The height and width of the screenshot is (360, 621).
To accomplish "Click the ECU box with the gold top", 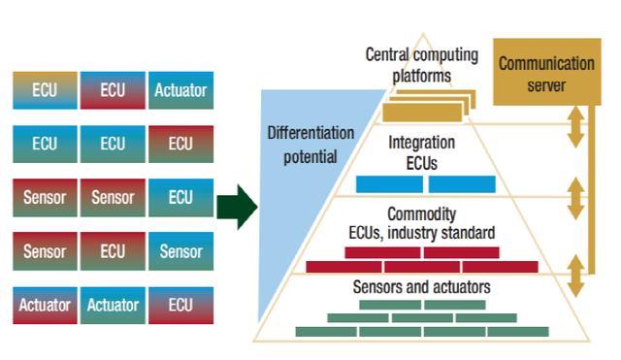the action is click(45, 90).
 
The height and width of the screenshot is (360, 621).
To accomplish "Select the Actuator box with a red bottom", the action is click(45, 305).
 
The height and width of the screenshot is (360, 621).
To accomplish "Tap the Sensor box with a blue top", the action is click(181, 251).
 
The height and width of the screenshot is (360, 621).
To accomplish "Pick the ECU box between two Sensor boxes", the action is click(113, 251).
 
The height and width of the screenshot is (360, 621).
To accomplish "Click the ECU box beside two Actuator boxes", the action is click(181, 305).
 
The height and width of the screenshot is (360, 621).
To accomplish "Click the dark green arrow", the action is click(237, 207).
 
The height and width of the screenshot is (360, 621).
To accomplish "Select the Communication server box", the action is click(547, 72).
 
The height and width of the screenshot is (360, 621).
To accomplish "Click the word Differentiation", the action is click(310, 133).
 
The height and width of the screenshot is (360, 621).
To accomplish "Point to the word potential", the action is click(310, 157).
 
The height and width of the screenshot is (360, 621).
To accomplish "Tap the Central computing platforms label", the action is click(422, 65).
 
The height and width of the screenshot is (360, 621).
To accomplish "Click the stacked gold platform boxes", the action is click(429, 106).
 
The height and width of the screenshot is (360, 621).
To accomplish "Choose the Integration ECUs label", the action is click(422, 153).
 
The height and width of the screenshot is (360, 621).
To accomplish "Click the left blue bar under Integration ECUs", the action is click(389, 184).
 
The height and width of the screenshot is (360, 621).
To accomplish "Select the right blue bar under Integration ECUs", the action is click(462, 184).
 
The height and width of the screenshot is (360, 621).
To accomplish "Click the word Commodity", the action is click(422, 214).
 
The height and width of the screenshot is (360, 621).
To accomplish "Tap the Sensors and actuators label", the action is click(422, 287).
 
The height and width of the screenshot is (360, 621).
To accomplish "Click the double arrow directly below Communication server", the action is click(575, 127).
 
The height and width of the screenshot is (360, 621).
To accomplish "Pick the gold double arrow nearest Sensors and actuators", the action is click(575, 276).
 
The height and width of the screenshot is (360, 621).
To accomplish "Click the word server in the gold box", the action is click(546, 85).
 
